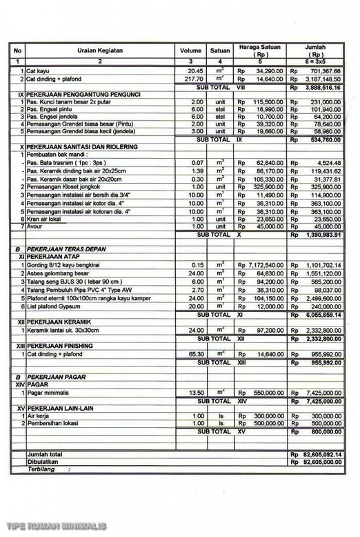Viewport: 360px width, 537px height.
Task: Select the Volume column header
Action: tap(191, 51)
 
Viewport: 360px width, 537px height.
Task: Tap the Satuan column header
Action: tap(220, 51)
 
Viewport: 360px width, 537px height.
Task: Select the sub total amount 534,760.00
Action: tap(322, 139)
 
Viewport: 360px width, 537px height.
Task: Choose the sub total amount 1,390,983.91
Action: tap(320, 235)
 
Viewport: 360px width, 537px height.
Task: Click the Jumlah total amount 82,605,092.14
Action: tap(320, 455)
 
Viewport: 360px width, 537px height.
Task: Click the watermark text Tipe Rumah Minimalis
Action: tap(57, 527)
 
